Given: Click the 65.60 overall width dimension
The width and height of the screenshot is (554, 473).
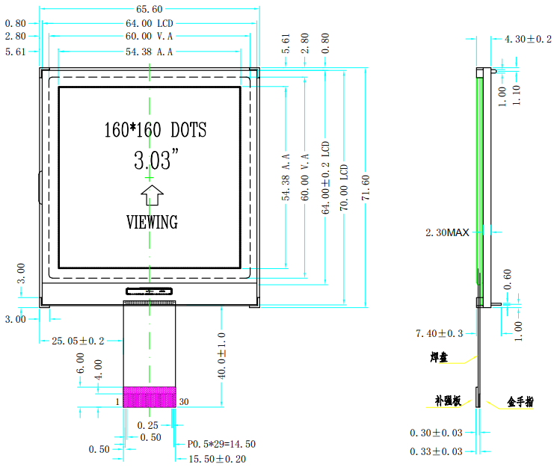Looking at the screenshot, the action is [x=149, y=9].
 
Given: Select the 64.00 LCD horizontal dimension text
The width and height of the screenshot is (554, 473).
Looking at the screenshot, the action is [x=149, y=23].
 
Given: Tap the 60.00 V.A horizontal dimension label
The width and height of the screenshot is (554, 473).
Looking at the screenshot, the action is [x=149, y=36].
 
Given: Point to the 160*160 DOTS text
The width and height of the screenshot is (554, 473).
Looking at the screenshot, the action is [x=155, y=129].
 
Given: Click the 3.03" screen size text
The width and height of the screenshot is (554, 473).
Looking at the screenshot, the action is [x=156, y=159].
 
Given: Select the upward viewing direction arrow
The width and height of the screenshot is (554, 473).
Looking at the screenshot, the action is [x=152, y=195].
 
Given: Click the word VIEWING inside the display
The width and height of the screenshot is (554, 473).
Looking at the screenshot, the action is [x=153, y=222].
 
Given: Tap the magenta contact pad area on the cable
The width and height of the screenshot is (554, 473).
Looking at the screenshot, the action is [x=150, y=397].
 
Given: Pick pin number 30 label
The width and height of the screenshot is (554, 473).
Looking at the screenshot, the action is [x=184, y=402].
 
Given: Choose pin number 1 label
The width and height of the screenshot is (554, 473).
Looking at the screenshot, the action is [x=117, y=402].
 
